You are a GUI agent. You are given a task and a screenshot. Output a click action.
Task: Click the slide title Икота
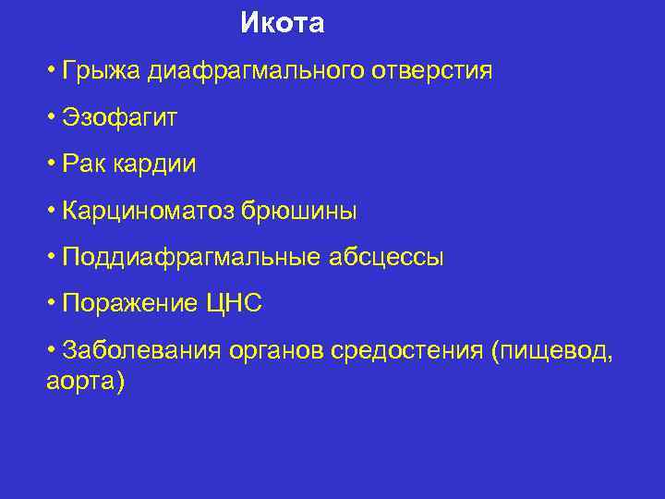[282, 23]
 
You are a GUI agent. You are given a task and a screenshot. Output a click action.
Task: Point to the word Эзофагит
[119, 117]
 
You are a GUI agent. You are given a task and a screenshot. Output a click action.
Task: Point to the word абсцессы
[386, 258]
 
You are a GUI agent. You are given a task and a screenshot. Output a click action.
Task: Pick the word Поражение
[130, 304]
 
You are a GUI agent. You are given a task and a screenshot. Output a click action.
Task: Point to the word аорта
[80, 381]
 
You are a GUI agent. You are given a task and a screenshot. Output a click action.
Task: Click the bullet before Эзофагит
[52, 116]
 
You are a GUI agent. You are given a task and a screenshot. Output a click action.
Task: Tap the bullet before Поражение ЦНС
[52, 303]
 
